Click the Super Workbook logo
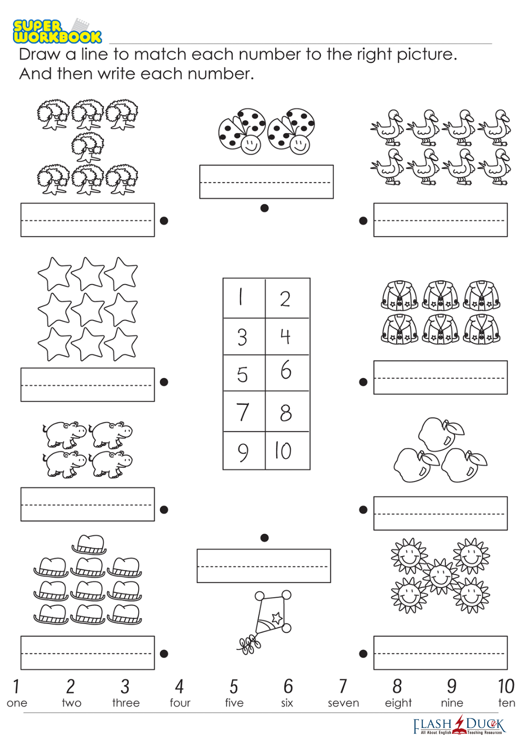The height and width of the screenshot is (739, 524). pyautogui.click(x=57, y=31)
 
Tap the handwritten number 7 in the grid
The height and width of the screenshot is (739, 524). pyautogui.click(x=243, y=412)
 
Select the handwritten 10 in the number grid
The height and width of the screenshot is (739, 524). pyautogui.click(x=283, y=451)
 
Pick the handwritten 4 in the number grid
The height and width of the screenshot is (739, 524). pyautogui.click(x=285, y=336)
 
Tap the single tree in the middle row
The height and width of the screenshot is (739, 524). pyautogui.click(x=87, y=147)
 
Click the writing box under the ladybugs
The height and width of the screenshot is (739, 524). pyautogui.click(x=267, y=182)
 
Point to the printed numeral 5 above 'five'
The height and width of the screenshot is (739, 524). pyautogui.click(x=234, y=686)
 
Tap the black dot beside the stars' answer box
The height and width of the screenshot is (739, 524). pyautogui.click(x=164, y=382)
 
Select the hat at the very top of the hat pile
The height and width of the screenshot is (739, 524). pyautogui.click(x=89, y=544)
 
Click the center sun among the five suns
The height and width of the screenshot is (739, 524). pyautogui.click(x=441, y=577)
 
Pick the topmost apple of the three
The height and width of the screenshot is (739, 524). pyautogui.click(x=439, y=434)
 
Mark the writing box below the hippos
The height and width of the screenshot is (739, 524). pyautogui.click(x=87, y=504)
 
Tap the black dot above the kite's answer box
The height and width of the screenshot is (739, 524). pyautogui.click(x=264, y=538)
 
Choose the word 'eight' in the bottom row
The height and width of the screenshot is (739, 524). pyautogui.click(x=398, y=704)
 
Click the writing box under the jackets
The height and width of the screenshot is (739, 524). pyautogui.click(x=440, y=377)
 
